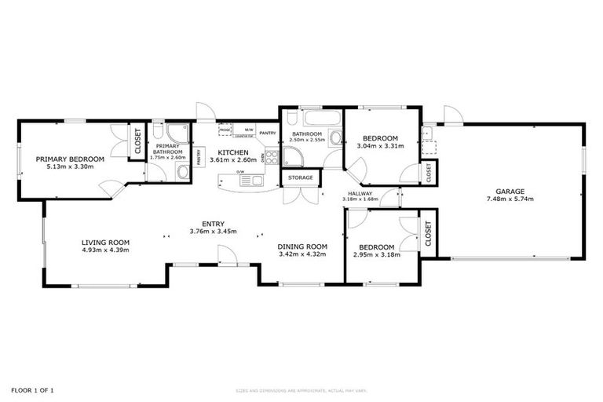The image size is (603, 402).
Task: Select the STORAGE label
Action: [300, 178]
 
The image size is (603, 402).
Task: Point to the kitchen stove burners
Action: [272, 157]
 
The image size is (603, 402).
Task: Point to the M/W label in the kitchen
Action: [249, 130]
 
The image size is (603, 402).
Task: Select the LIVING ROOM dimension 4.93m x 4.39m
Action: [105, 250]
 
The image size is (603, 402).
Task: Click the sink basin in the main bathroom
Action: [335, 139]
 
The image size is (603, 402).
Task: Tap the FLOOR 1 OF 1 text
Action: [33, 389]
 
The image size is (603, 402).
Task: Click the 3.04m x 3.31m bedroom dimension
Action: [380, 145]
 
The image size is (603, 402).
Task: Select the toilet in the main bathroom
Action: [291, 119]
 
